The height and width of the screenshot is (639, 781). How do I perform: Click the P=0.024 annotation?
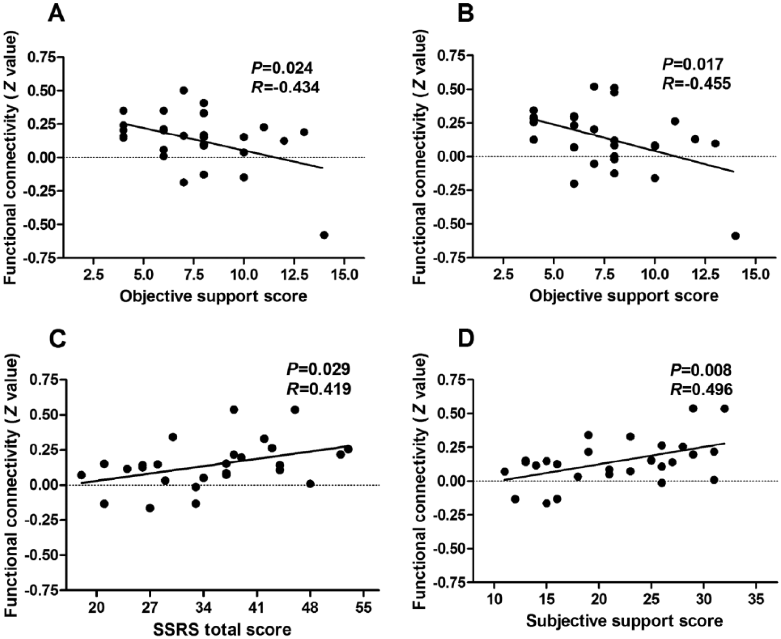point(282,68)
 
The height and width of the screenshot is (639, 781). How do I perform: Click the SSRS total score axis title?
point(222,630)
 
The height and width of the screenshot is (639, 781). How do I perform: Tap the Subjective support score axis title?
point(624,620)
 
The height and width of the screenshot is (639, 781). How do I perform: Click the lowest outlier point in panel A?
point(324,235)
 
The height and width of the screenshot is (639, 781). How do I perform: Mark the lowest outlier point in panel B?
point(735,235)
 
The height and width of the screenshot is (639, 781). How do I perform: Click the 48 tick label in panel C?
point(310,606)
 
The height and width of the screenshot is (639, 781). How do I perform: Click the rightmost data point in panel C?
point(348,449)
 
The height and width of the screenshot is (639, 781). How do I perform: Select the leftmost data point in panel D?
point(505,471)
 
